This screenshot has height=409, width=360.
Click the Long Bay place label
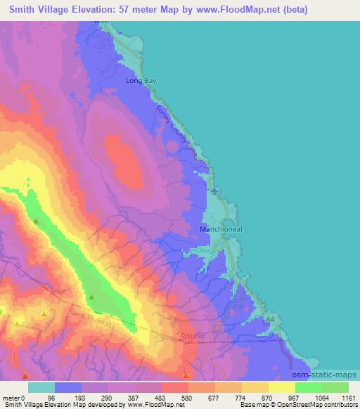[x=141, y=82]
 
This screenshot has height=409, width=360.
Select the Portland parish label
[x=191, y=336]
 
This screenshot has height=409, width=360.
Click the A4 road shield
[x=270, y=319]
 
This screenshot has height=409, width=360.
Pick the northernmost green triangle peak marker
[x=36, y=221]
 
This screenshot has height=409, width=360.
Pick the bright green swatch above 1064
[x=308, y=387]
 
